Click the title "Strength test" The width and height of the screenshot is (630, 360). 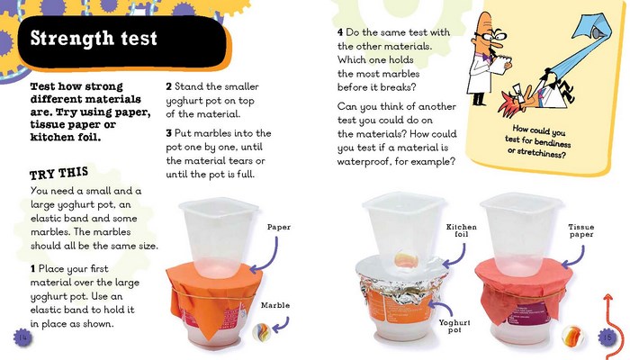coord(94,39)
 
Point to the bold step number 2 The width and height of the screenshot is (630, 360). coord(168,87)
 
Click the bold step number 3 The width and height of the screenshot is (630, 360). coord(168,133)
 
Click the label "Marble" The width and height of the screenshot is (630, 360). coord(275,305)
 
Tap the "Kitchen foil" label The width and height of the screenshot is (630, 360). coord(462,233)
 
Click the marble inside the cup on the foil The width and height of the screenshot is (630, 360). coord(407,261)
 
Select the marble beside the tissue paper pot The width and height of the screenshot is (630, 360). coord(571,336)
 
